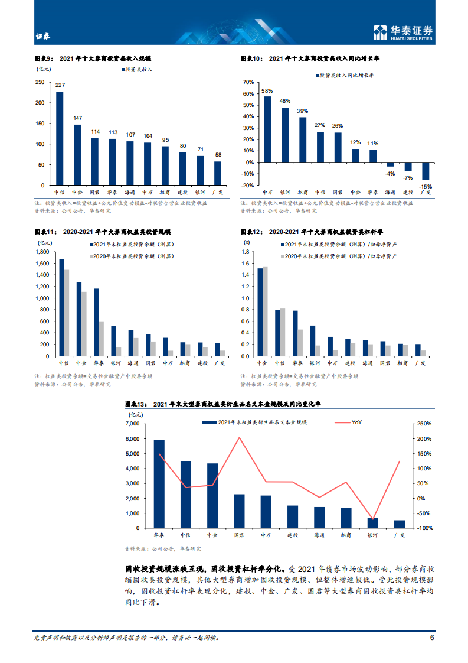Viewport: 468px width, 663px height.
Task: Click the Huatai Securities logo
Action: pyautogui.click(x=404, y=33)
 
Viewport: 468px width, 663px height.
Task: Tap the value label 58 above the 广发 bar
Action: pyautogui.click(x=218, y=155)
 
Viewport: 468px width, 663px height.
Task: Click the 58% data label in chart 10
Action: pyautogui.click(x=267, y=91)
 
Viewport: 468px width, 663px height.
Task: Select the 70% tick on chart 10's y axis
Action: pyautogui.click(x=247, y=83)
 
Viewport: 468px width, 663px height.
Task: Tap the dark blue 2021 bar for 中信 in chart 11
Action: pyautogui.click(x=61, y=307)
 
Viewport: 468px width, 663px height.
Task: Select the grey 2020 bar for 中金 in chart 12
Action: pyautogui.click(x=265, y=311)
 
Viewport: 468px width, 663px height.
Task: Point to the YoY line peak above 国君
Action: pyautogui.click(x=239, y=438)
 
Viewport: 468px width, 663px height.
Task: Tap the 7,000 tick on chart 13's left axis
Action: pyautogui.click(x=132, y=424)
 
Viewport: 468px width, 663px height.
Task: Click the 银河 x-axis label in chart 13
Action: pyautogui.click(x=372, y=535)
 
